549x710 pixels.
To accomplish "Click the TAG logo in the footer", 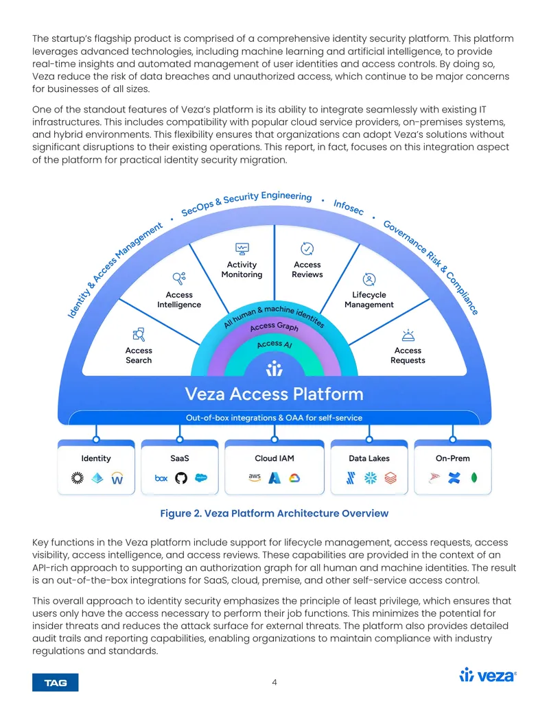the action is click(x=56, y=683).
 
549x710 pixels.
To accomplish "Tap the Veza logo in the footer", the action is click(x=488, y=675).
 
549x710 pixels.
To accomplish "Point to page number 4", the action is click(x=274, y=682).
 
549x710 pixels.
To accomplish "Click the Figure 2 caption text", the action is click(x=274, y=513).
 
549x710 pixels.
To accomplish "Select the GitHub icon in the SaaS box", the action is click(x=180, y=477).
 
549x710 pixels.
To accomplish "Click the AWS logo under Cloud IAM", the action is click(x=255, y=477).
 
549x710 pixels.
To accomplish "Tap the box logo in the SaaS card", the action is click(x=161, y=477).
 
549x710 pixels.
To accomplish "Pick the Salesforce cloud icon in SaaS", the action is click(x=200, y=477).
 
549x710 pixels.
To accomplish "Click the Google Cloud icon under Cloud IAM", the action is click(x=294, y=477).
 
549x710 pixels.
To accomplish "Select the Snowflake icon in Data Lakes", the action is click(x=371, y=477).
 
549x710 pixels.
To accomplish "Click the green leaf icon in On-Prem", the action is click(x=474, y=477).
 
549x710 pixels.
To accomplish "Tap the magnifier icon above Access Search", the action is click(x=139, y=335).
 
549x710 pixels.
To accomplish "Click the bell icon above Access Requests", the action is click(x=408, y=335).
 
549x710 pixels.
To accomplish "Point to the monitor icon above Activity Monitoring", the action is click(x=242, y=248).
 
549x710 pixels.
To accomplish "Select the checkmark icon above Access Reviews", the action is click(x=307, y=248).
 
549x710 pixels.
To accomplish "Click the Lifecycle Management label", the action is click(x=369, y=300).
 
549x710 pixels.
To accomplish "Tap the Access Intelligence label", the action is click(x=179, y=300).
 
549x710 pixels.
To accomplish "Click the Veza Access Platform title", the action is click(x=274, y=394).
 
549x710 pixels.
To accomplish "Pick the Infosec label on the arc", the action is click(x=349, y=207).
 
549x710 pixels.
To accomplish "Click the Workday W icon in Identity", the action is click(x=117, y=478).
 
